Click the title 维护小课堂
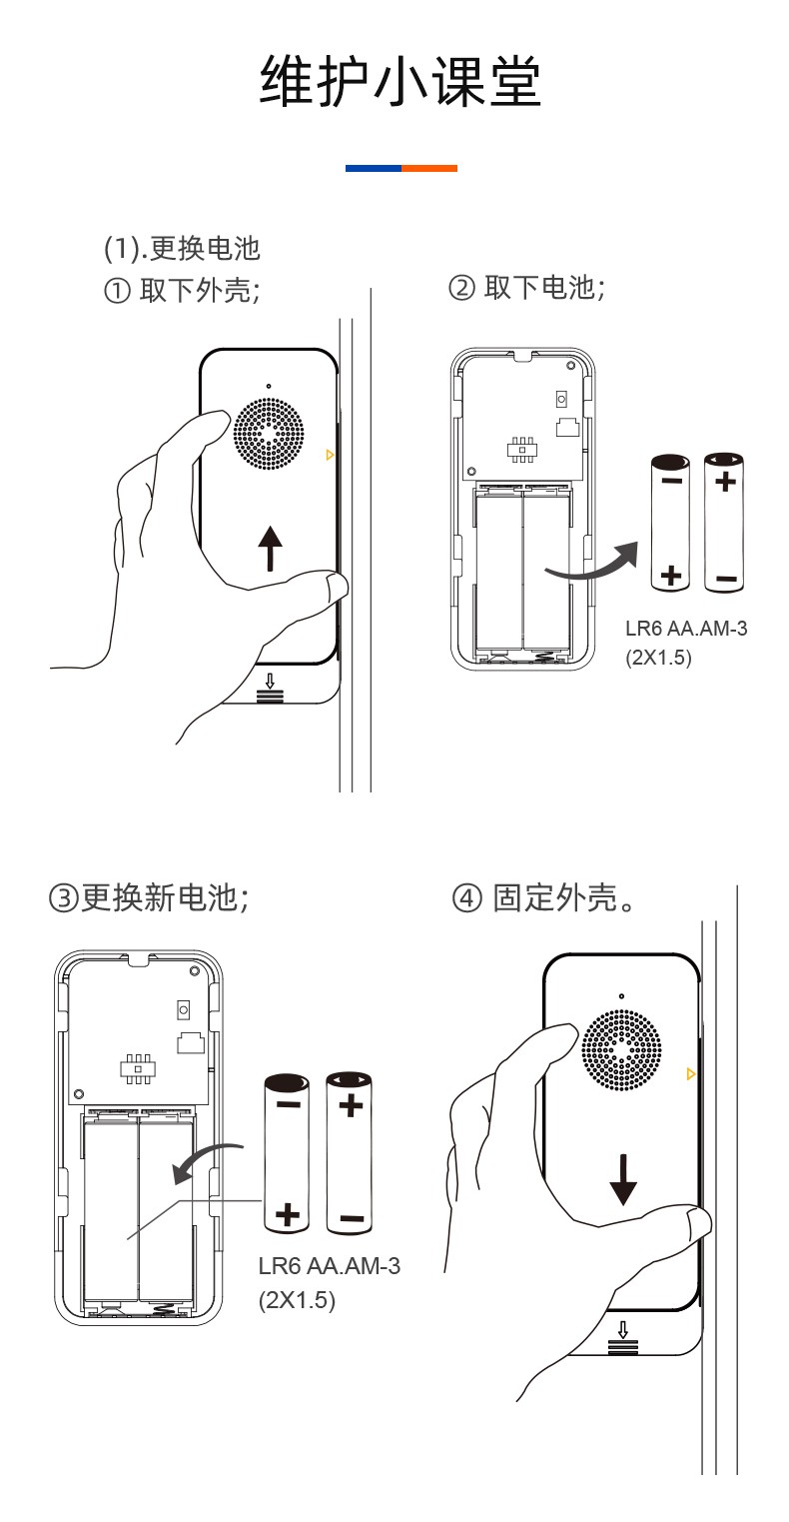[x=400, y=82]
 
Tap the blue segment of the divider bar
[x=374, y=168]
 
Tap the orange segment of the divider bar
[x=429, y=168]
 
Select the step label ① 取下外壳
[x=182, y=290]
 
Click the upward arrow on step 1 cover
[x=270, y=549]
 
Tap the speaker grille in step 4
[x=621, y=1049]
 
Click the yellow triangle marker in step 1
[x=330, y=456]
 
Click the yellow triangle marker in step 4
[x=690, y=1073]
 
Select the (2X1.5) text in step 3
[x=297, y=1300]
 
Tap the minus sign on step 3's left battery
[x=288, y=1104]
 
